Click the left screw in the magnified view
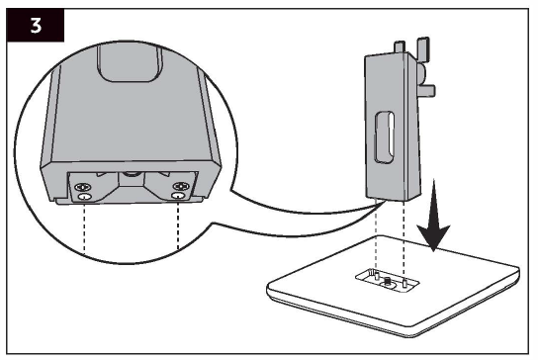tap(85, 186)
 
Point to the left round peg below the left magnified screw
tap(85, 197)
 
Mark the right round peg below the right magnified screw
tap(178, 197)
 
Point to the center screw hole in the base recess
tap(389, 285)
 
